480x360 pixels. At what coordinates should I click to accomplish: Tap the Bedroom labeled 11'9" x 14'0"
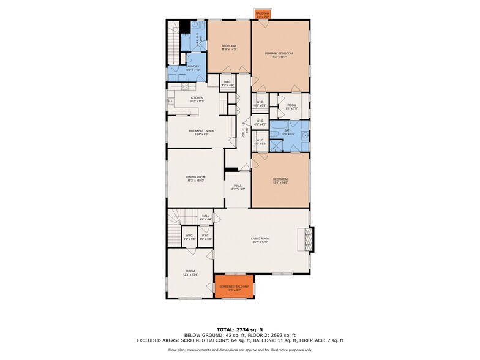(229, 47)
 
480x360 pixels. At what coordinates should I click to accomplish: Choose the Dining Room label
(196, 179)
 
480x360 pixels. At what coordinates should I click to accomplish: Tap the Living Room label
(260, 240)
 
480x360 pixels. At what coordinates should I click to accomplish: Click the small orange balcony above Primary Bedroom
(262, 14)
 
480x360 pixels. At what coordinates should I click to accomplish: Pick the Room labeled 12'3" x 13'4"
(190, 272)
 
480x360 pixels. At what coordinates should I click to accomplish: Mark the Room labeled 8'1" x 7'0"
(291, 107)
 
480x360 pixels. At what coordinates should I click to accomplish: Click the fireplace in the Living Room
(309, 239)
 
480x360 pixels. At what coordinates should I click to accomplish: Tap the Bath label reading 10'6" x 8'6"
(289, 132)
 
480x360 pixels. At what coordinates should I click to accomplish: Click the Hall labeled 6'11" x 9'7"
(238, 188)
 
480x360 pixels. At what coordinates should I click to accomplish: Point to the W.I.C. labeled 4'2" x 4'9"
(227, 83)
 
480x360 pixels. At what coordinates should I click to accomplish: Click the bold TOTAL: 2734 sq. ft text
(240, 329)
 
